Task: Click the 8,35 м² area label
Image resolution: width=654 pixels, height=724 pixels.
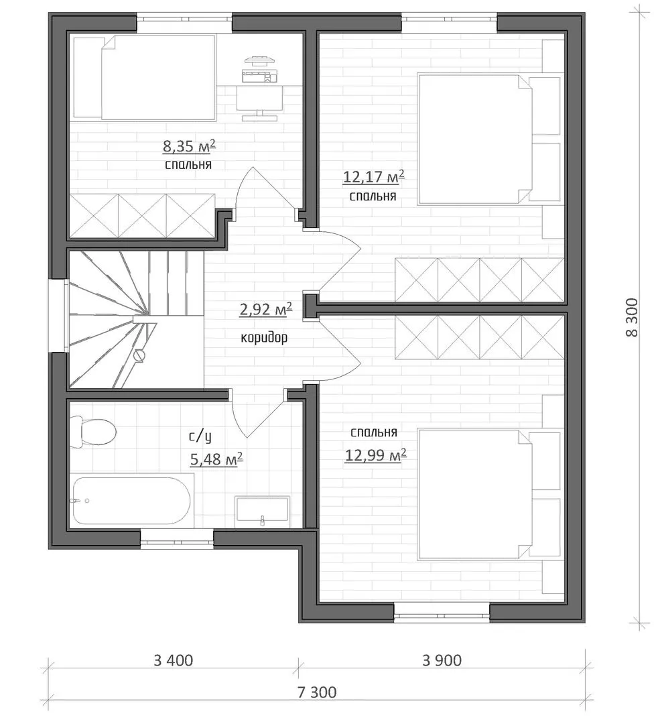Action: [x=189, y=146]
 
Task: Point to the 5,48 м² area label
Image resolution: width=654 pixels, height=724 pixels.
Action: [x=216, y=459]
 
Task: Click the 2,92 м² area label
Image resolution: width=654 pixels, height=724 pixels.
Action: [x=265, y=309]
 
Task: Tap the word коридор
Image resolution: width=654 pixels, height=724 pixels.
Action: [x=264, y=337]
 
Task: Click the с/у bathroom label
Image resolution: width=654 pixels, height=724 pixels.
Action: [x=200, y=436]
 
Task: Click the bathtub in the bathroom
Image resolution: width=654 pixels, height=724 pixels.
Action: [x=131, y=501]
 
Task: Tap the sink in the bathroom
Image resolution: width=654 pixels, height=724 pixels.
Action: [x=262, y=512]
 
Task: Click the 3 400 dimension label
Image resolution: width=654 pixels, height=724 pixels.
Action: [x=173, y=661]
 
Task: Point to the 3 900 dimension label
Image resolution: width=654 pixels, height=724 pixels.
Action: [x=442, y=661]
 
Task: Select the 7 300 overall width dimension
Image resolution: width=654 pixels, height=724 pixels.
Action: [x=317, y=692]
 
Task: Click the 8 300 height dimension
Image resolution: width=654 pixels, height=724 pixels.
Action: [x=632, y=317]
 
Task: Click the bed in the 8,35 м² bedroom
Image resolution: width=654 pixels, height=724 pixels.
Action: [x=144, y=77]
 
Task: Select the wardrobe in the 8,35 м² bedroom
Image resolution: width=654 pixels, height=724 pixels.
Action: [x=142, y=216]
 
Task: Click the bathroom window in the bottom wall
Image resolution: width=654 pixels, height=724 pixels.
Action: [x=177, y=539]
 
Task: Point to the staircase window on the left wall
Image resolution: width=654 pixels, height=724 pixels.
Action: [x=58, y=316]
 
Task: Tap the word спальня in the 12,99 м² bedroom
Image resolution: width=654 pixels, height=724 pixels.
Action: [x=373, y=432]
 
